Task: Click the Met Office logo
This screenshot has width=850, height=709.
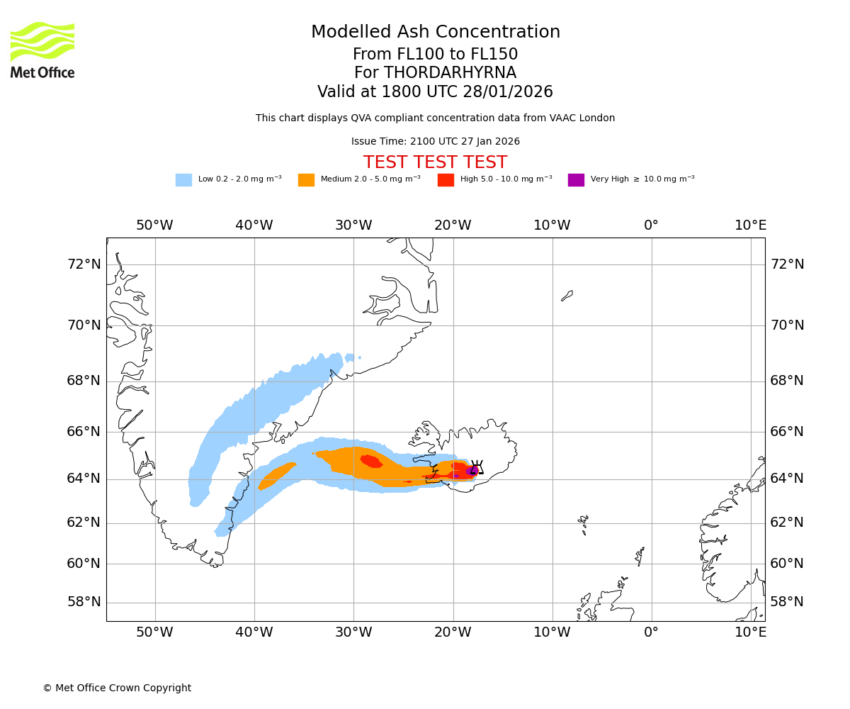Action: tap(42, 50)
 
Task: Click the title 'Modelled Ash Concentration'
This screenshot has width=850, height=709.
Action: tap(436, 33)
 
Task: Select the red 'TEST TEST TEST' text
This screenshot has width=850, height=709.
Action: tap(435, 162)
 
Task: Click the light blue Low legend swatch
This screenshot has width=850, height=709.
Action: tap(183, 180)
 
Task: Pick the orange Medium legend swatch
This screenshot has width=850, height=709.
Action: tap(306, 180)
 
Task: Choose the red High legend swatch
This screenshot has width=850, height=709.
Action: tap(446, 180)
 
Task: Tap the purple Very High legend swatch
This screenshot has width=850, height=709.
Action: tap(576, 180)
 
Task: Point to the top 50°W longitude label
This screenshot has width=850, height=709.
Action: tap(154, 225)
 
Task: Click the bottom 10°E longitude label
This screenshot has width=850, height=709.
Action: tap(750, 632)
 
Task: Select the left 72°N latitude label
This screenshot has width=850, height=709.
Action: tap(84, 264)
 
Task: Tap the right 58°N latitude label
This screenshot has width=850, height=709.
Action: tap(787, 602)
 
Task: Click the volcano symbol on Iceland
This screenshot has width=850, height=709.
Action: tap(477, 467)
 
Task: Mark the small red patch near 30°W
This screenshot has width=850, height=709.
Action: tap(371, 462)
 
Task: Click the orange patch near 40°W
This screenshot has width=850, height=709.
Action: tap(276, 475)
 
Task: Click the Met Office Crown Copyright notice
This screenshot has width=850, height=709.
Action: tap(117, 688)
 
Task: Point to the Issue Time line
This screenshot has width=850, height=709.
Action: tap(435, 142)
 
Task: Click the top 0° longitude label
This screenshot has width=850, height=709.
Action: tap(651, 225)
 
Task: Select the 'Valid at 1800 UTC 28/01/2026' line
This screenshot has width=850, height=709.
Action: tap(435, 92)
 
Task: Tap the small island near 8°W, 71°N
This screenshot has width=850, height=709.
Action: tap(567, 295)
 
